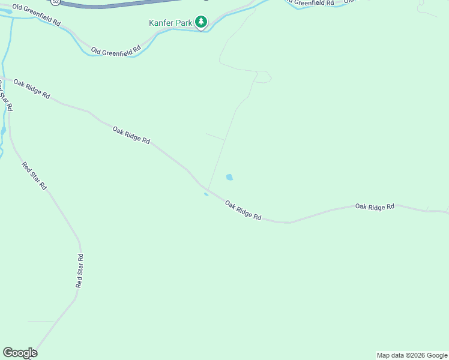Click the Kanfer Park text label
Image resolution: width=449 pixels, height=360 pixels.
coord(170,23)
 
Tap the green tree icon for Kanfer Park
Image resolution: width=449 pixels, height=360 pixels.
coord(202,23)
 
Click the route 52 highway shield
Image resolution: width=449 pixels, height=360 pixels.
coord(55,2)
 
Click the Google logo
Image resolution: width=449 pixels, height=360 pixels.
coord(20,353)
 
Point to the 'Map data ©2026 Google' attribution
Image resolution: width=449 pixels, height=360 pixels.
coord(412,355)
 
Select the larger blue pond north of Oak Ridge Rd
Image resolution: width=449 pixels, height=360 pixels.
coord(229,177)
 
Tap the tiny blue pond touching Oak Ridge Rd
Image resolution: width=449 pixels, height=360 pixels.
coord(206,194)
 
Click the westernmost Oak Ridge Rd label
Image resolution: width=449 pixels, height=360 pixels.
coord(32,89)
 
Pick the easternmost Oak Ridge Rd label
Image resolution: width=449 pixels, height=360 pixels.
coord(375,206)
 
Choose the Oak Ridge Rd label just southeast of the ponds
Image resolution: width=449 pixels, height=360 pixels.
coord(243,210)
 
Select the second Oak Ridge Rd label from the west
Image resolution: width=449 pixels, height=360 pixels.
coord(131,134)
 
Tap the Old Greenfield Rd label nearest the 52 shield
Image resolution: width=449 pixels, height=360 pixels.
coord(36,15)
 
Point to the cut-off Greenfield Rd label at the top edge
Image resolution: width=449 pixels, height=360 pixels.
coord(312,3)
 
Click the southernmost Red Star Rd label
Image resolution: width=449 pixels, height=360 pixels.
coord(79,271)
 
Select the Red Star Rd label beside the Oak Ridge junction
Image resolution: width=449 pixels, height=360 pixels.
coord(6,95)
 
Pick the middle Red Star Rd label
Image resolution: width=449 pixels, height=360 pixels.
coord(34,176)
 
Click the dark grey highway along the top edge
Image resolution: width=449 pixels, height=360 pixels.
coord(120,5)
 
